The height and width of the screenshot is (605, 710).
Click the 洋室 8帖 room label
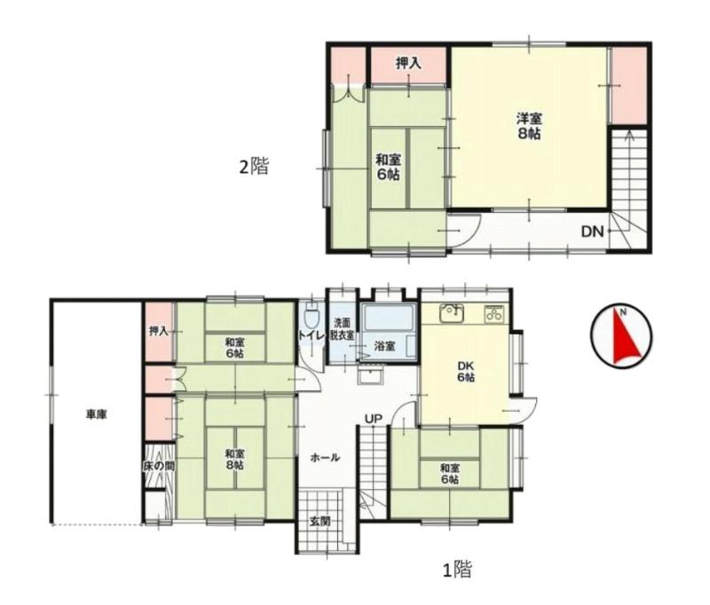click(x=529, y=126)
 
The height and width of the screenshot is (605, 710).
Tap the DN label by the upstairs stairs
click(x=593, y=232)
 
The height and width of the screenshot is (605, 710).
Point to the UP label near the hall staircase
click(x=374, y=419)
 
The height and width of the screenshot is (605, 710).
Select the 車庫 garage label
click(x=97, y=414)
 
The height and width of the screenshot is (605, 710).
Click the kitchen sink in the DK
click(x=452, y=313)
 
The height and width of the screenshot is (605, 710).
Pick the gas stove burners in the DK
click(x=493, y=313)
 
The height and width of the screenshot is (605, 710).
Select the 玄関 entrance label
click(x=319, y=522)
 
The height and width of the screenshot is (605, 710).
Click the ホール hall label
click(x=325, y=458)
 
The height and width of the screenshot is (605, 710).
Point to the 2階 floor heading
click(x=254, y=166)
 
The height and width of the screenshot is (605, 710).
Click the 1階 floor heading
click(x=457, y=570)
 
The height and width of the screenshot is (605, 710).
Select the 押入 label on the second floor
click(x=408, y=64)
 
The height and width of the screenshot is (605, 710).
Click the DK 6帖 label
click(x=465, y=371)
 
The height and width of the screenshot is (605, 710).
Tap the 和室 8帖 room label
click(x=234, y=459)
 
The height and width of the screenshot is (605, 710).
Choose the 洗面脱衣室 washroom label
click(x=343, y=329)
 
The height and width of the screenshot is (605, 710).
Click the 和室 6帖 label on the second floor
click(x=389, y=167)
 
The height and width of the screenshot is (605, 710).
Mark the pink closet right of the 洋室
click(x=628, y=86)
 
